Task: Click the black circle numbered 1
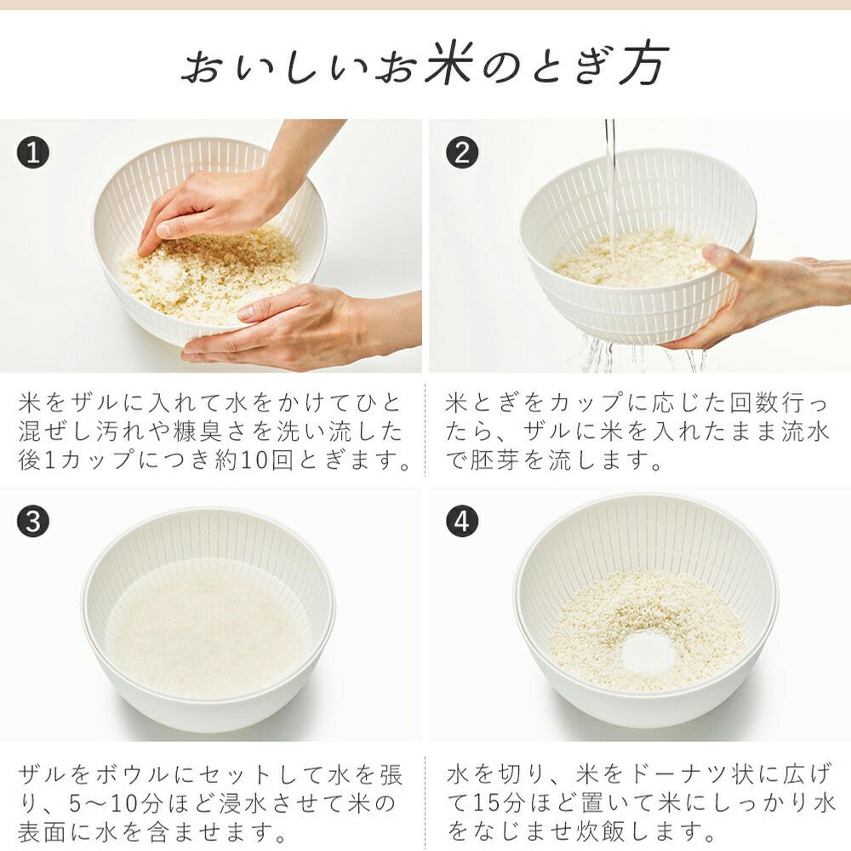(x=33, y=152)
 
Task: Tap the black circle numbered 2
(x=462, y=152)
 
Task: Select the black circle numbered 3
(x=33, y=522)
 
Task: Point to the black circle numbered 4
(x=462, y=522)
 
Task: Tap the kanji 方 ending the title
(x=644, y=65)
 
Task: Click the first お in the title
(x=203, y=66)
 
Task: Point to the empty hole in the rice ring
(x=648, y=653)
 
